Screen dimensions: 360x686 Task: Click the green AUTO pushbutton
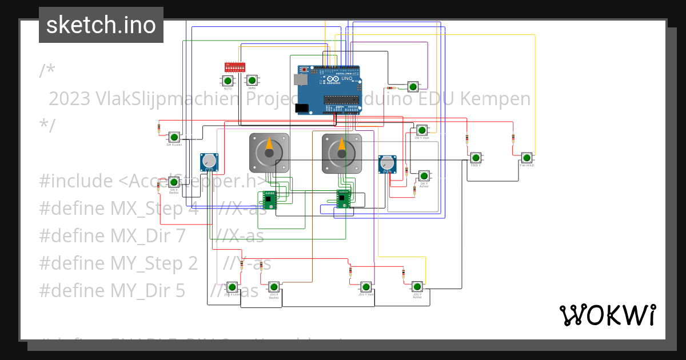click(x=228, y=81)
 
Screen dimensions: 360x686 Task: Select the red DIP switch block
click(x=235, y=67)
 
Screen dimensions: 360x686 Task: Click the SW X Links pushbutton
click(x=174, y=137)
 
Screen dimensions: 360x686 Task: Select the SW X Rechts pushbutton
click(x=174, y=182)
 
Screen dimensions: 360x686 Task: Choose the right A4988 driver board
click(x=343, y=198)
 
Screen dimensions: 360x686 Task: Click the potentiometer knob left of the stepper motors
click(x=209, y=162)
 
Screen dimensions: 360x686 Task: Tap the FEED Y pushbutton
click(x=476, y=157)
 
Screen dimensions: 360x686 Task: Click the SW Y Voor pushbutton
click(x=421, y=130)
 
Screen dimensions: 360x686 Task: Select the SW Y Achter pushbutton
click(x=424, y=175)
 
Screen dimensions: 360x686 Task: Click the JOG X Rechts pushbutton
click(x=274, y=287)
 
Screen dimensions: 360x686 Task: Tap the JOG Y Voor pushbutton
click(x=366, y=286)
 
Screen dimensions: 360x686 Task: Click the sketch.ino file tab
click(x=101, y=25)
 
